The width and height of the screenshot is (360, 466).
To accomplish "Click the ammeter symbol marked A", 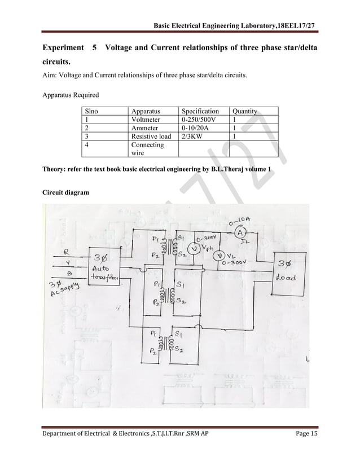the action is click(x=239, y=233).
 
